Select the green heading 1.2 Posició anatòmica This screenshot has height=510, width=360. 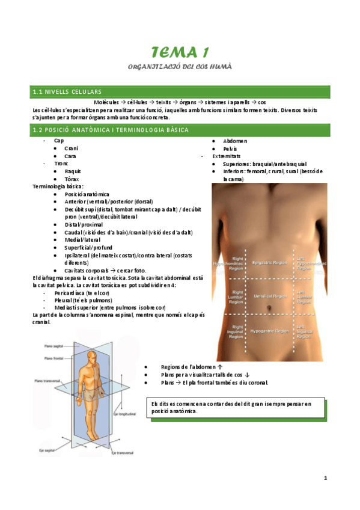click(x=111, y=130)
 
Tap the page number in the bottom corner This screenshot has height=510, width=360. click(x=325, y=478)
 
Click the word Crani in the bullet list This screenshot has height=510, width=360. click(x=72, y=149)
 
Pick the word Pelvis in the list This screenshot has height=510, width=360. click(x=230, y=149)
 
